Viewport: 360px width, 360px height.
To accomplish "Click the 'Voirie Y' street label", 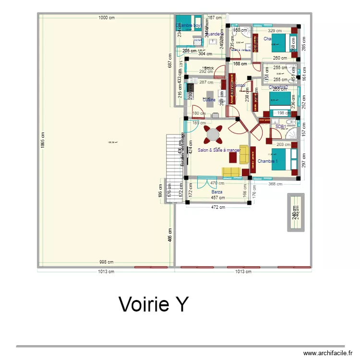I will pyautogui.click(x=154, y=304).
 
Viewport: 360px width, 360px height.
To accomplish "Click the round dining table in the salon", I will pyautogui.click(x=213, y=135).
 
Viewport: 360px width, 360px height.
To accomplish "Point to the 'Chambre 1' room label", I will pyautogui.click(x=268, y=161).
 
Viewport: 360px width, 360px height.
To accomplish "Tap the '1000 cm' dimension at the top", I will pyautogui.click(x=107, y=18).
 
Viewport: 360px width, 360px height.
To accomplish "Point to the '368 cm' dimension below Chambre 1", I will pyautogui.click(x=275, y=183).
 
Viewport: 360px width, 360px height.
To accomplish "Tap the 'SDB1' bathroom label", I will pyautogui.click(x=281, y=127).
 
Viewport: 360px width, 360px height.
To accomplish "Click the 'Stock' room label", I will pyautogui.click(x=208, y=68).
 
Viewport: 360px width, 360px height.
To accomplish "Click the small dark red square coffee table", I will pyautogui.click(x=234, y=157).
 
